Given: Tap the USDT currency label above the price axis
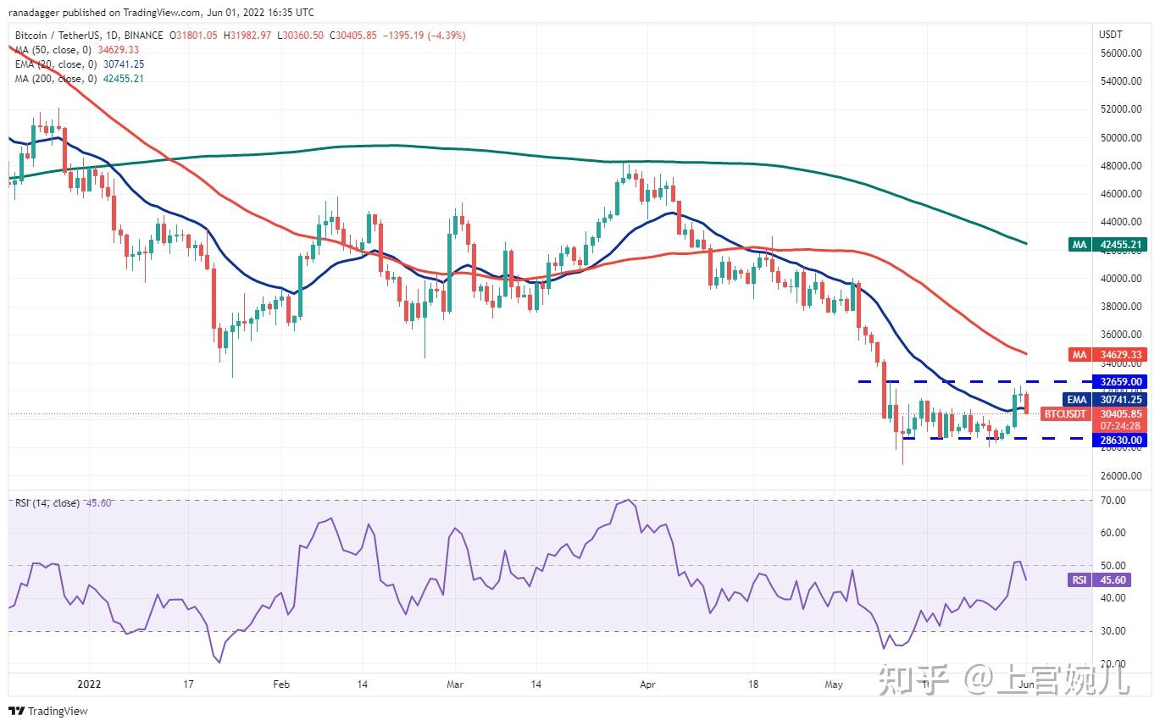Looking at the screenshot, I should tap(1110, 35).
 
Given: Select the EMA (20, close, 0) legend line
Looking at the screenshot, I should tap(65, 64).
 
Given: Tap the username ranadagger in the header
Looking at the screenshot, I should tap(39, 12).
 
